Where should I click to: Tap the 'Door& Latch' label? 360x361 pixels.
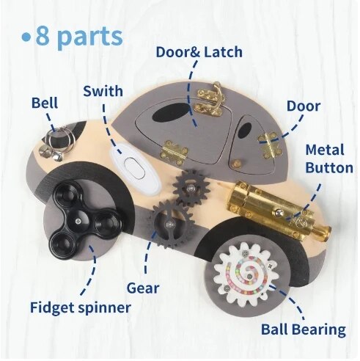(199, 52)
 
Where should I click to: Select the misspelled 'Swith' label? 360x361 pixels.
(103, 91)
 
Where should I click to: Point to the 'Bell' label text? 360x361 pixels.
(45, 103)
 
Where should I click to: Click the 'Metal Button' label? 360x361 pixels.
(329, 159)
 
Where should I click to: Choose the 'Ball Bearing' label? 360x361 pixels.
(304, 329)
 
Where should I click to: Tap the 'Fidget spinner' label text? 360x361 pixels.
(81, 307)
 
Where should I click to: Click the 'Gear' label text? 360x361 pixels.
(143, 288)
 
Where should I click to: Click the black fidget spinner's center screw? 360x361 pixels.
(78, 221)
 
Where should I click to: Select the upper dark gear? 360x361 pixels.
(191, 188)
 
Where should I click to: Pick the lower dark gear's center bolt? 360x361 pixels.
(169, 224)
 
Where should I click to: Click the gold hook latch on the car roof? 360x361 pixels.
(211, 101)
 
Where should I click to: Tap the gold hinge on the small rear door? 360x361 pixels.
(270, 145)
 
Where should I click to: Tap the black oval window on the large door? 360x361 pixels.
(170, 112)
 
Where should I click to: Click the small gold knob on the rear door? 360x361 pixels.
(235, 163)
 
